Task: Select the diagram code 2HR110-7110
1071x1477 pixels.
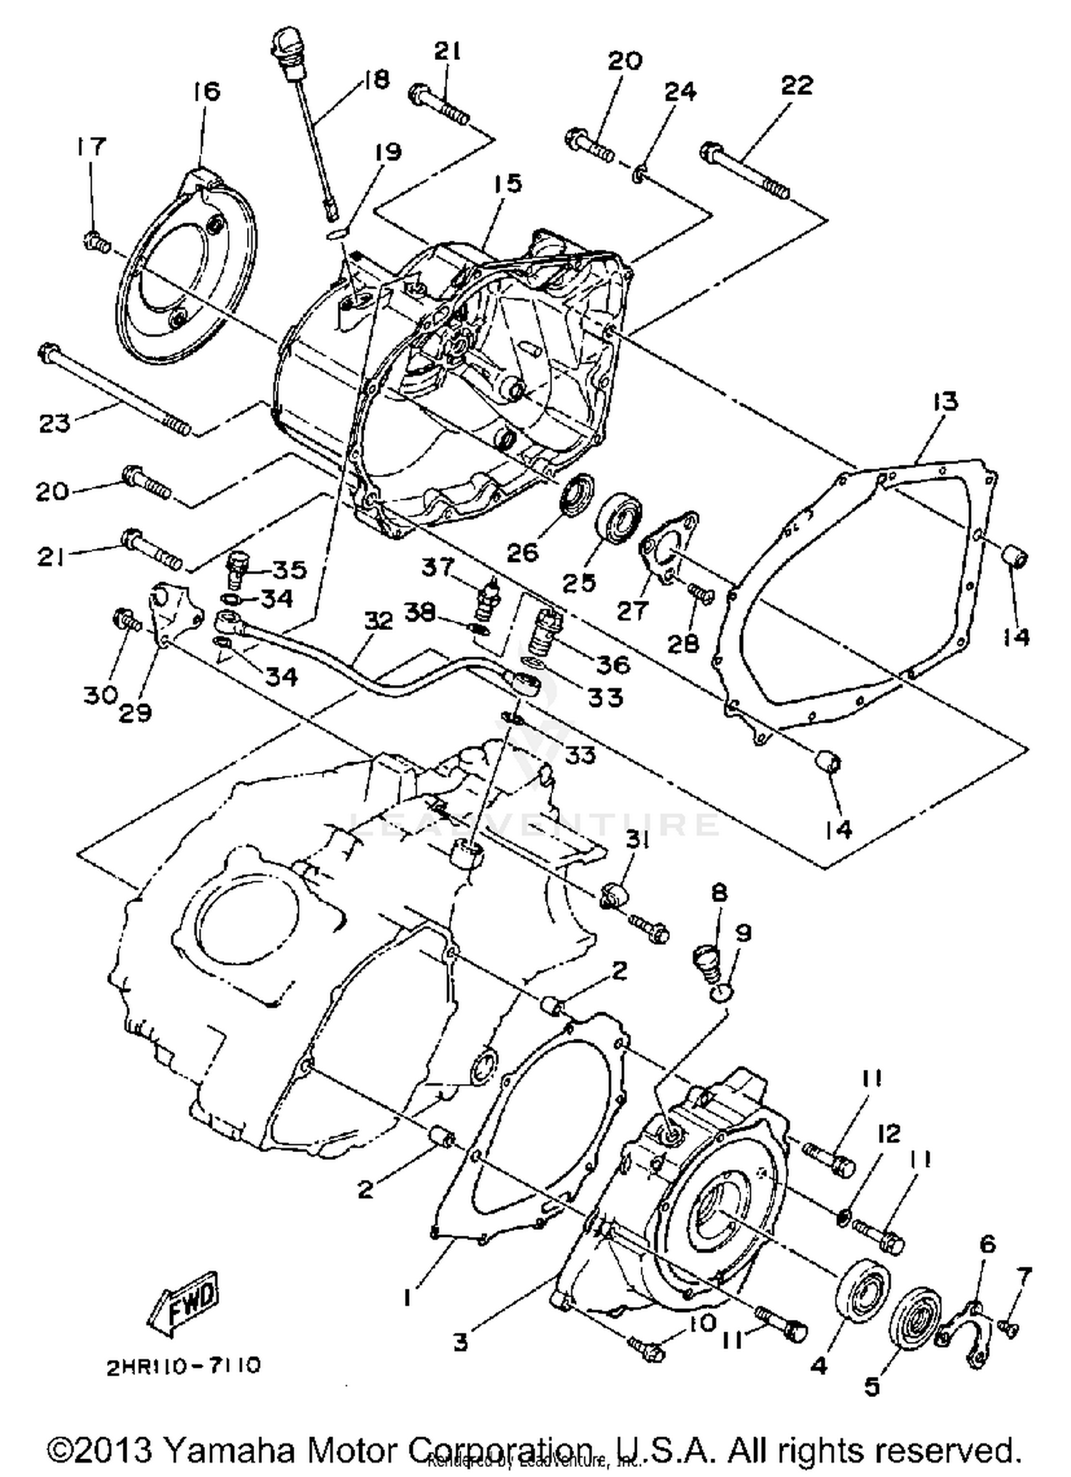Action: [183, 1366]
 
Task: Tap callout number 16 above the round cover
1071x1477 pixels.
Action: [206, 91]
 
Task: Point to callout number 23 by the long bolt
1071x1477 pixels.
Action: [55, 423]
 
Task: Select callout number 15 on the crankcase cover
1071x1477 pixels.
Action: [508, 184]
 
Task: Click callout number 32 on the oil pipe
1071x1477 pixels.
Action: [378, 620]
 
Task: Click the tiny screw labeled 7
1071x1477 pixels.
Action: [1008, 1327]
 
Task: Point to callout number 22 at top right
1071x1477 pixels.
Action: [797, 85]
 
